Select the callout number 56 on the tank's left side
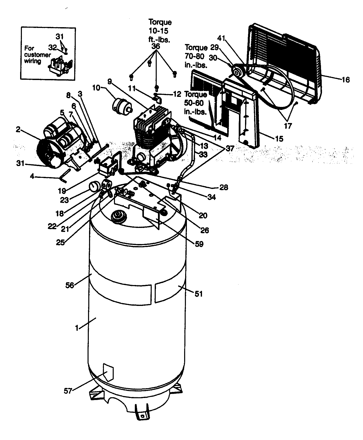70,285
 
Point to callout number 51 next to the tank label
198,294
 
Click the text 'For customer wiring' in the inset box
37,55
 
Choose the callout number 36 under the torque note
156,47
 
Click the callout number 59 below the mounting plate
199,244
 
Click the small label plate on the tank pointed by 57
108,372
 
